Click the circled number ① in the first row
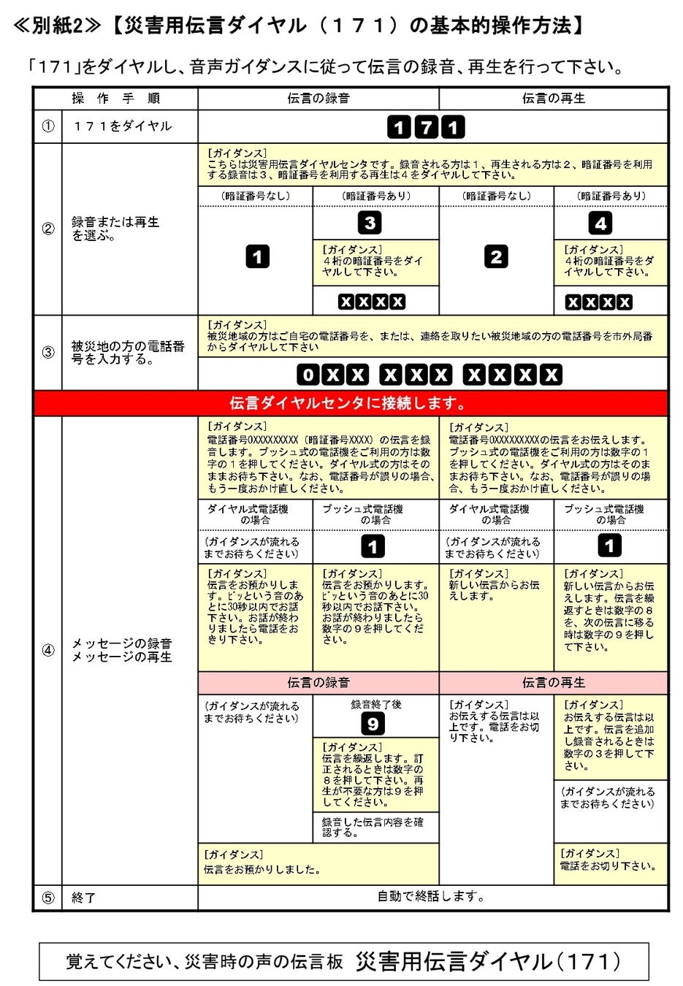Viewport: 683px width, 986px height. [x=48, y=126]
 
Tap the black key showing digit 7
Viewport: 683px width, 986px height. [x=426, y=128]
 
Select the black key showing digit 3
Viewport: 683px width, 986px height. [x=370, y=223]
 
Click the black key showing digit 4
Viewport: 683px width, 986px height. [x=600, y=223]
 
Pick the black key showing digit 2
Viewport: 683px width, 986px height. [x=496, y=256]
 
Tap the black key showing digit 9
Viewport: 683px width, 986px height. [x=373, y=724]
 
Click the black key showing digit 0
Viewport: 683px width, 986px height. [x=308, y=375]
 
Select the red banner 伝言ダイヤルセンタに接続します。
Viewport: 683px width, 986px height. [x=350, y=402]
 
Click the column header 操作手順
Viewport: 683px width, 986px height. [x=115, y=99]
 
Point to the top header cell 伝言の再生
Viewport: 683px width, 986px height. [x=553, y=99]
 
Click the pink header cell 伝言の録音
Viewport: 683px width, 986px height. [x=318, y=682]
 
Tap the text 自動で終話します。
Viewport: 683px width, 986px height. [x=431, y=896]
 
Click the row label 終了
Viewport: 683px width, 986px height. [x=84, y=898]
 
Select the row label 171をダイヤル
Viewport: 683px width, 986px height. [x=122, y=126]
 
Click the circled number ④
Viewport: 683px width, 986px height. [x=48, y=650]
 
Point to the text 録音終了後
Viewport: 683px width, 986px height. [x=375, y=705]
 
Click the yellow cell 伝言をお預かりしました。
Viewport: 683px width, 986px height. [x=318, y=863]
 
